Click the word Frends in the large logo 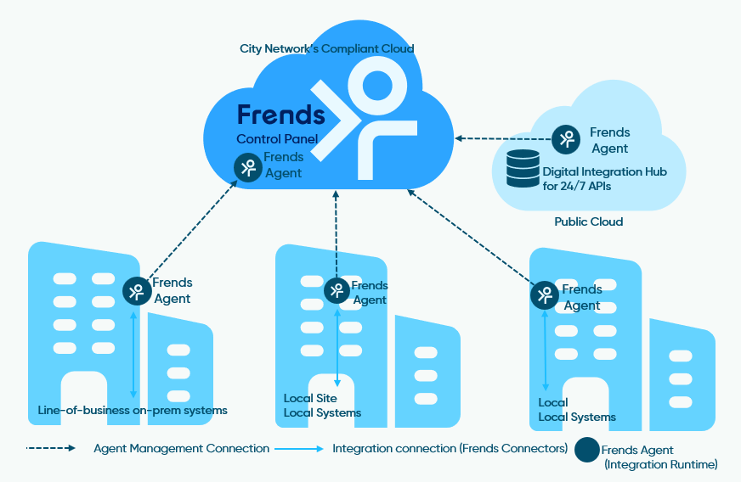(280, 114)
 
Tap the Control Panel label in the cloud (277, 139)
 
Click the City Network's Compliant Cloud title (327, 48)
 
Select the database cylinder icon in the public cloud (523, 168)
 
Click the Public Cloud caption (589, 221)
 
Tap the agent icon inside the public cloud (566, 138)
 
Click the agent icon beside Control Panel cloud (247, 167)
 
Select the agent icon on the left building (136, 292)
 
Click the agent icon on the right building (544, 295)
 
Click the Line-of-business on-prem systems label (133, 411)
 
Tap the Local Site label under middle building (310, 398)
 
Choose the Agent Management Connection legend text (181, 448)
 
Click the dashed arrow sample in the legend (52, 448)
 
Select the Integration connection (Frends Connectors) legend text (450, 448)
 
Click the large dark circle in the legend (586, 450)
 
